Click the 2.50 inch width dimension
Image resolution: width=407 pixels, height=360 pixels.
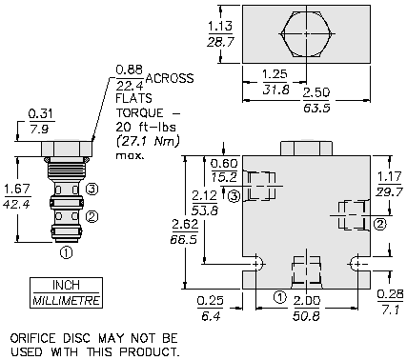point(316,93)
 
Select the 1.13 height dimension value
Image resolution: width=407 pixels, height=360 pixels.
point(220,26)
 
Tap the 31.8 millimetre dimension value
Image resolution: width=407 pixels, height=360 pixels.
point(275,90)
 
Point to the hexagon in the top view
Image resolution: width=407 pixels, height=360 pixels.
point(306,34)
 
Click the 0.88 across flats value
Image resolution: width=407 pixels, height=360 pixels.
point(130,70)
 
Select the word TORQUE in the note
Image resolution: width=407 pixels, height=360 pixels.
point(139,113)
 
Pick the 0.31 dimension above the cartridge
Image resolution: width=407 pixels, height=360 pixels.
point(41,114)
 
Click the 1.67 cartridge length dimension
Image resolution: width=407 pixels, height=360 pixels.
point(17,190)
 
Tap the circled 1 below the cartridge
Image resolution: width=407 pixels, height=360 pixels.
point(66,253)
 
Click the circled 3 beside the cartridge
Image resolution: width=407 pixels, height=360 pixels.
point(92,190)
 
